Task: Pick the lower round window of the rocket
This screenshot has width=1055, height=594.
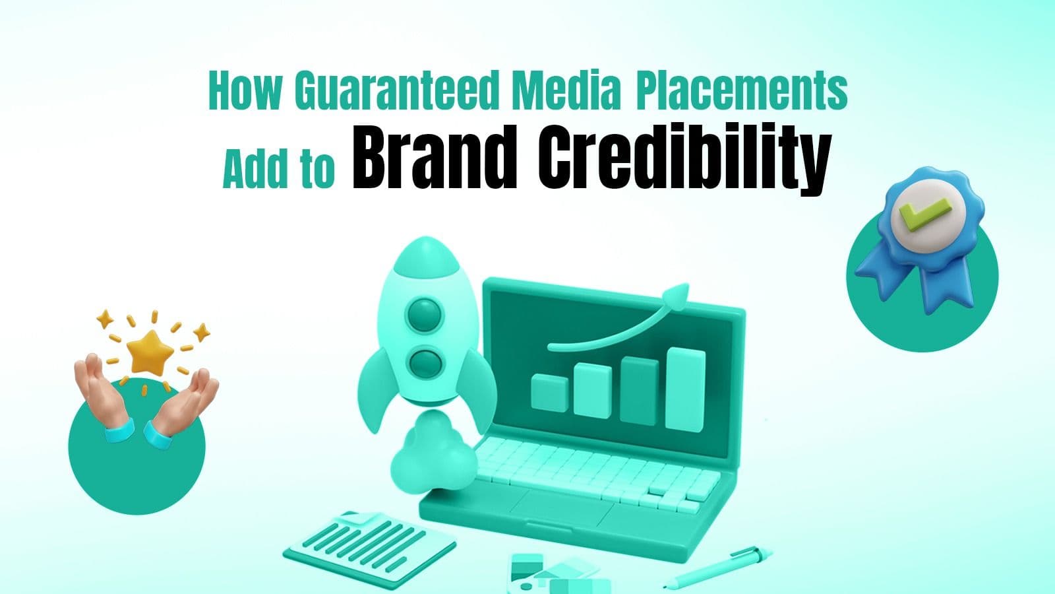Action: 423,362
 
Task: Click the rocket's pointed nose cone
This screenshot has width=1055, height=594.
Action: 423,254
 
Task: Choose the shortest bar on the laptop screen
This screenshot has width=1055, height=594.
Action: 549,392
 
